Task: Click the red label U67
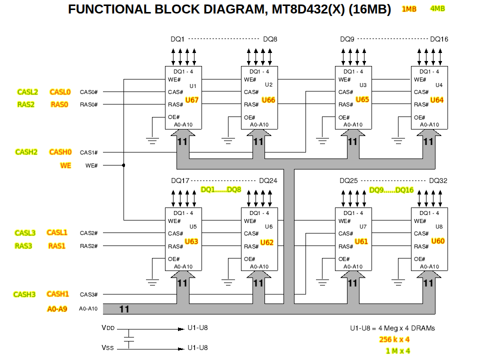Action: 192,100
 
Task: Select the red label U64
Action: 437,100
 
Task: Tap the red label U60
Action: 438,241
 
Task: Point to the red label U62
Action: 267,242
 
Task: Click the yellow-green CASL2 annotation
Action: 27,92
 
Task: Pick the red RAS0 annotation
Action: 59,104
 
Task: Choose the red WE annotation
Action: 65,165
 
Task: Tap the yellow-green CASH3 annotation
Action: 24,294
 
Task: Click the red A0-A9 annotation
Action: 57,309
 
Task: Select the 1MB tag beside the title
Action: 409,9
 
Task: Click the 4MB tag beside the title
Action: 437,8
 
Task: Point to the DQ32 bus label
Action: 438,180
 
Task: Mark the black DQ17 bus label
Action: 180,180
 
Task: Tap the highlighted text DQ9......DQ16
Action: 391,190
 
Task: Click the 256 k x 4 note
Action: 394,339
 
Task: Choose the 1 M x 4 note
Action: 398,351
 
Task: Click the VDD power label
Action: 107,328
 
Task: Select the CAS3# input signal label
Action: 88,294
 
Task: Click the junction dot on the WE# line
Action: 123,165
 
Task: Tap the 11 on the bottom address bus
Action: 124,309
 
